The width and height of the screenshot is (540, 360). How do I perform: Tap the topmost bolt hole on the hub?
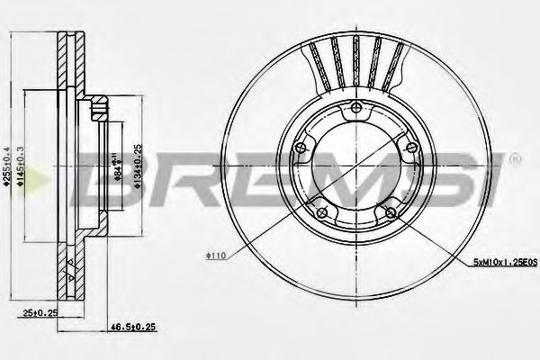pos(355,110)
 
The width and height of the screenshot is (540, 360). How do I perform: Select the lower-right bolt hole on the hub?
pos(390,212)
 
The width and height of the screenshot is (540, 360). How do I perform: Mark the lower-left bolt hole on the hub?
pos(320,212)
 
